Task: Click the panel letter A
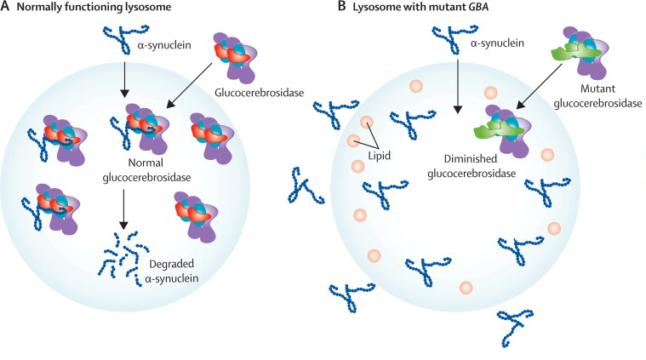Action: tap(6, 9)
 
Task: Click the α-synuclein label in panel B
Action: tap(501, 43)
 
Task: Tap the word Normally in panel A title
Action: tap(53, 9)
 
